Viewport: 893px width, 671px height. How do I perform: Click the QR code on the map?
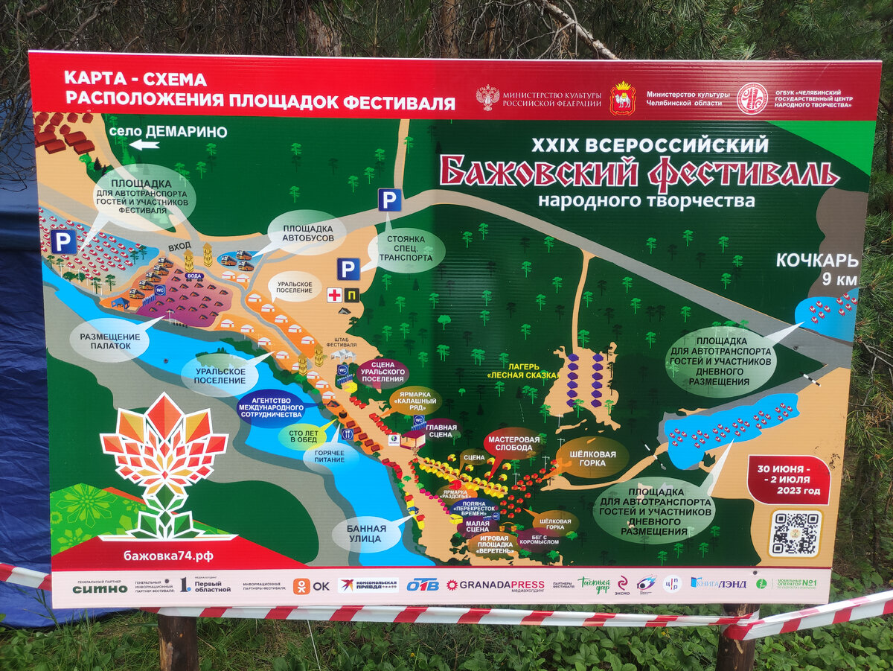pyautogui.click(x=795, y=532)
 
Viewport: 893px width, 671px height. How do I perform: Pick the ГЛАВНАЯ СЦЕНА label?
pyautogui.click(x=442, y=430)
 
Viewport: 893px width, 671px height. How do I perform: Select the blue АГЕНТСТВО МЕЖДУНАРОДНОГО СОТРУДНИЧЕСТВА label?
pyautogui.click(x=271, y=409)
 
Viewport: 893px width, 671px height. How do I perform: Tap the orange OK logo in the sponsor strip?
pyautogui.click(x=311, y=585)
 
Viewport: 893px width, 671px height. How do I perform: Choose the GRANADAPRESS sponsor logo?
pyautogui.click(x=495, y=585)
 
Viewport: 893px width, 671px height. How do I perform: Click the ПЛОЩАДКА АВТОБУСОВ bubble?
pyautogui.click(x=305, y=233)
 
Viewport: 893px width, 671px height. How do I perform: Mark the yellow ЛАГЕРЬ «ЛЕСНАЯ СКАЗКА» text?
pyautogui.click(x=522, y=371)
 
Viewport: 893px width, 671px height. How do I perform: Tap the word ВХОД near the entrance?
pyautogui.click(x=179, y=245)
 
